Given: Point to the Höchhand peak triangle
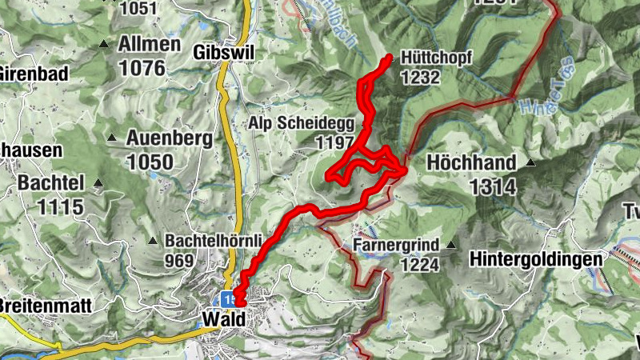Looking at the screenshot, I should pos(530,163).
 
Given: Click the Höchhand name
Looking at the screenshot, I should pos(471,162).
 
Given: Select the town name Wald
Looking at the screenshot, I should pos(223,318).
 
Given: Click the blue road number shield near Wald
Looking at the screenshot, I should pos(230,298).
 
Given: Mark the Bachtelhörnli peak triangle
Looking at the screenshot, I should pos(152,240).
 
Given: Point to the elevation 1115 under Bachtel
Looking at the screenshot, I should pos(60,207).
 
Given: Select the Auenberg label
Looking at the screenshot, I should pos(169,138).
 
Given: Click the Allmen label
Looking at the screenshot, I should pos(150,44).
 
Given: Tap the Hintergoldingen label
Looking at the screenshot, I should pos(536,259).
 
